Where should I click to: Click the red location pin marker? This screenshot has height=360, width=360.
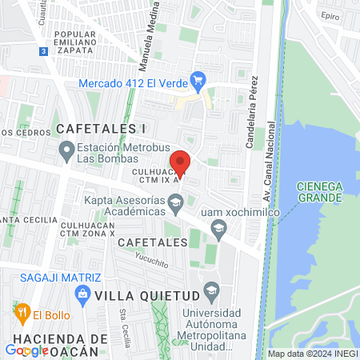[x=181, y=163]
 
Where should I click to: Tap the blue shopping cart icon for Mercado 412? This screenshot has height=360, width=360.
[x=199, y=81]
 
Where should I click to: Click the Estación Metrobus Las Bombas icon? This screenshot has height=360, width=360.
[x=66, y=150]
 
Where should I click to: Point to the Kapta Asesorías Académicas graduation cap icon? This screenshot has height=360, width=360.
[x=175, y=205]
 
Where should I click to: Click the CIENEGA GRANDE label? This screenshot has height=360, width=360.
[x=320, y=190]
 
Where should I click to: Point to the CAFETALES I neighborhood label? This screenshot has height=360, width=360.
[x=101, y=129]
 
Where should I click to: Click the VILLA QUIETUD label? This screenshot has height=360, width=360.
[x=145, y=295]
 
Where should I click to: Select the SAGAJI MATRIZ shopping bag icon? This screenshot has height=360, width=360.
[x=82, y=295]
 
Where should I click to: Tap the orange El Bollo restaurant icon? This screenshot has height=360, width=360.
[x=22, y=310]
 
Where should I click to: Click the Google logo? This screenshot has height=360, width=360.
[x=26, y=350]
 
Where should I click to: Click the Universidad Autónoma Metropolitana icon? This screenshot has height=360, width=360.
[x=211, y=289]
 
